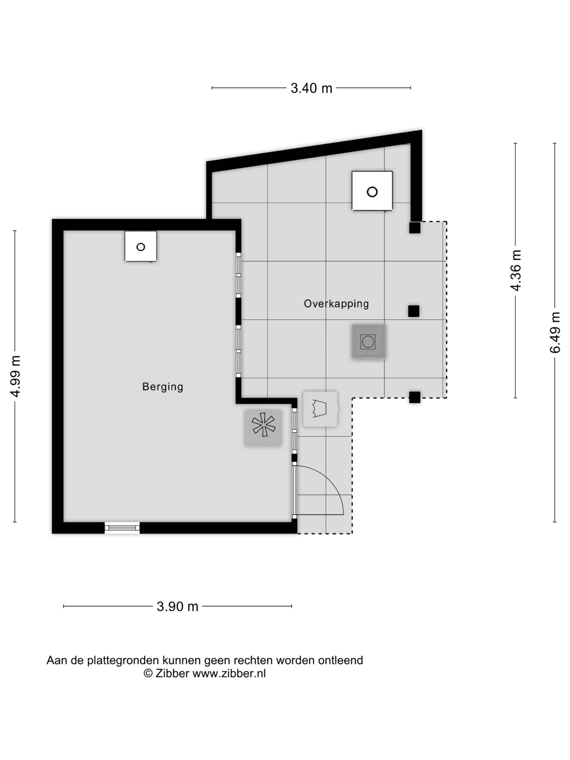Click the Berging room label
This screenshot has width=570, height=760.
pos(162,387)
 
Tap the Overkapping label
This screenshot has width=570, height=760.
pos(336,304)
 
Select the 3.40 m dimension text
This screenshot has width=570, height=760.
pos(311,88)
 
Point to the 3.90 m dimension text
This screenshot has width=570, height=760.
pos(178,607)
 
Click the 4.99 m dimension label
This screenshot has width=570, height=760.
pos(16,376)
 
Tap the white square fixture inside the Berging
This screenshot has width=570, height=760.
pos(140,246)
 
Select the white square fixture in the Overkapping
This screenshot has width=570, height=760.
pos(372,191)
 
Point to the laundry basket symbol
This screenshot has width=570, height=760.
pos(320,409)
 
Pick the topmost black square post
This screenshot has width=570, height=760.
pos(415,228)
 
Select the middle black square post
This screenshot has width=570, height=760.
pos(414,311)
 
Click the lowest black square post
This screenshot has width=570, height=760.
pos(415,397)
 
